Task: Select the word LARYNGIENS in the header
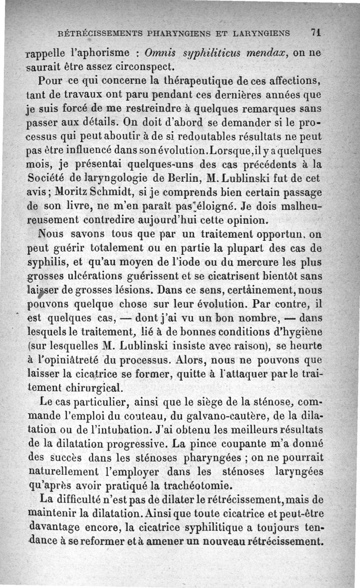[262, 33]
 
